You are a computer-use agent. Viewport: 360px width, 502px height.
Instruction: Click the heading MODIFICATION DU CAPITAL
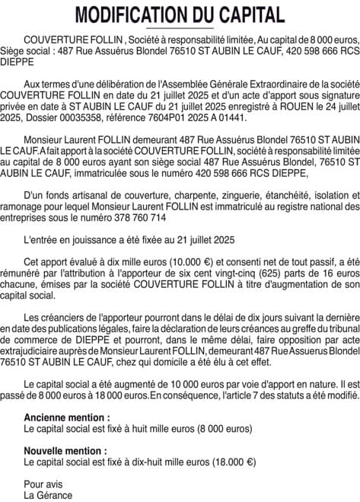pos(180,14)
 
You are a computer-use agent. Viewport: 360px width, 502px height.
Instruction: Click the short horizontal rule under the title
pos(180,28)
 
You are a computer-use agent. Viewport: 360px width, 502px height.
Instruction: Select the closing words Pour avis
pos(43,464)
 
